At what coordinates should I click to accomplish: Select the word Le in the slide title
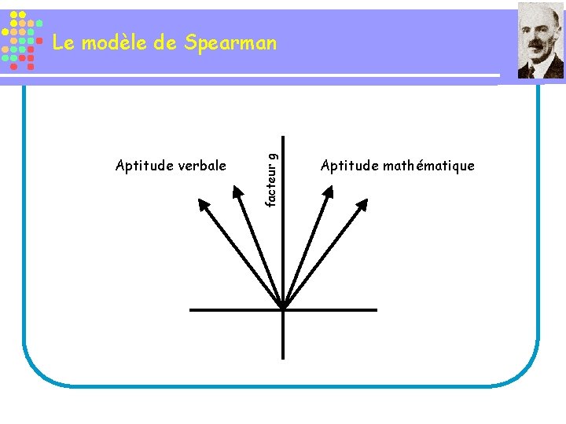(x=62, y=42)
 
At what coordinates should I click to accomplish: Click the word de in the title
(x=165, y=42)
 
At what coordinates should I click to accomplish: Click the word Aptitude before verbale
(x=141, y=166)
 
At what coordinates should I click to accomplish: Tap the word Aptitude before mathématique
(x=349, y=166)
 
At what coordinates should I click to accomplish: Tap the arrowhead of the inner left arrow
(x=239, y=191)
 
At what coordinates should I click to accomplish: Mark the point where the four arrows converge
(x=284, y=309)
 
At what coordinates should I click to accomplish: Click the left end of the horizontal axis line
(x=191, y=309)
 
